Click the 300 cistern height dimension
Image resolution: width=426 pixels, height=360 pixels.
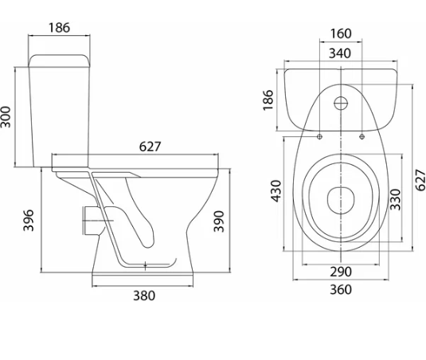(6, 117)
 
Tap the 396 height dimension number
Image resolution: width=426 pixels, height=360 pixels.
(28, 220)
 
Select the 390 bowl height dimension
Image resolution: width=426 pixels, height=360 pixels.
(219, 221)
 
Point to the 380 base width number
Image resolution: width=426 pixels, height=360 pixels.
(144, 295)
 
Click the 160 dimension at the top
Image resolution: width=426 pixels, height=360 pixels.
(341, 33)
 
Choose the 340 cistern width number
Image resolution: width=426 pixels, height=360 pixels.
(340, 53)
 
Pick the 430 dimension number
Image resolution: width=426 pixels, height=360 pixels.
(276, 191)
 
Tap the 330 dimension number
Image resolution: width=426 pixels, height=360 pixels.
(395, 200)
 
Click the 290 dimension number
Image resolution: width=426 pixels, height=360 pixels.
(341, 272)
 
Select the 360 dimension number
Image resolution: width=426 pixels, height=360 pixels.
(341, 290)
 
